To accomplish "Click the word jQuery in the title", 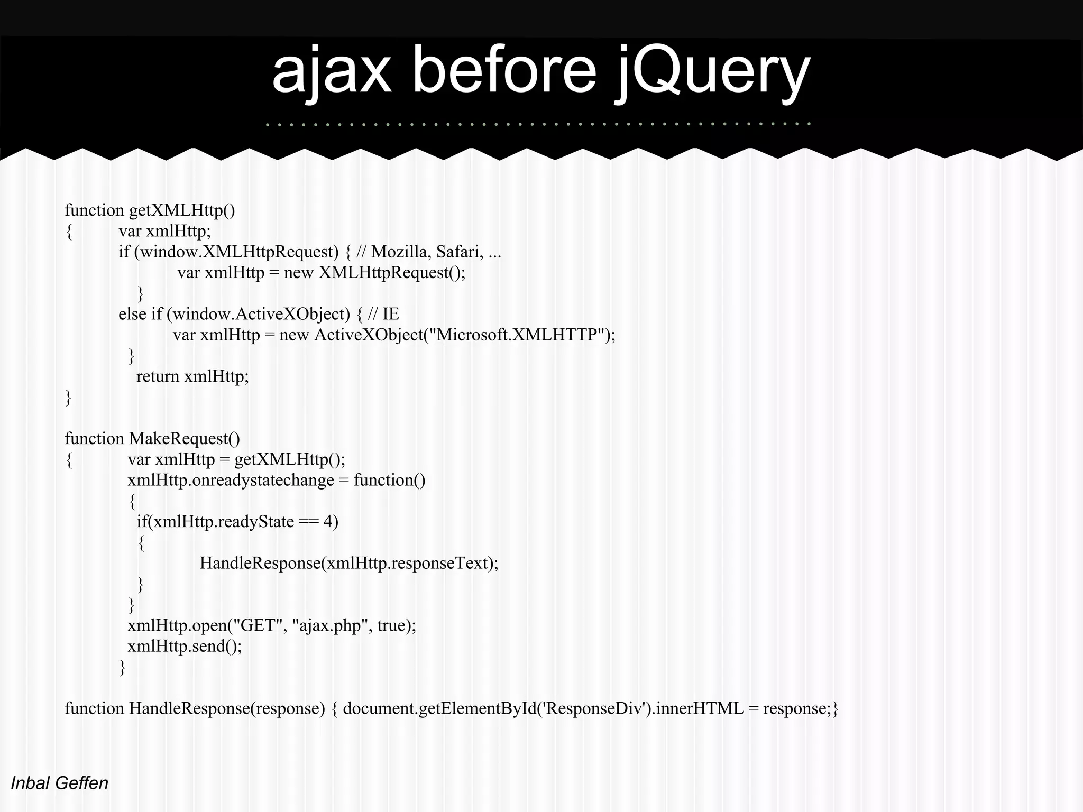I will [711, 71].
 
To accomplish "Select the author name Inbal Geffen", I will [59, 783].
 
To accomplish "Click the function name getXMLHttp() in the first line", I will [182, 210].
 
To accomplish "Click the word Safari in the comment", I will [460, 252].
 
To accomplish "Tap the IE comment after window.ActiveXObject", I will [391, 315].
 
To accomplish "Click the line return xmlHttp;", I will [192, 376].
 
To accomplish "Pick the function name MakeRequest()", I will [184, 439].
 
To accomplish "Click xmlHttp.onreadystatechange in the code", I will [231, 480].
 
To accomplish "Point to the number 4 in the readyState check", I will [328, 522].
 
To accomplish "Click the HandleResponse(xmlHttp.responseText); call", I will [349, 563].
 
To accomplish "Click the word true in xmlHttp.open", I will [391, 625].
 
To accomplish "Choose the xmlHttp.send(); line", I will [185, 646].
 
